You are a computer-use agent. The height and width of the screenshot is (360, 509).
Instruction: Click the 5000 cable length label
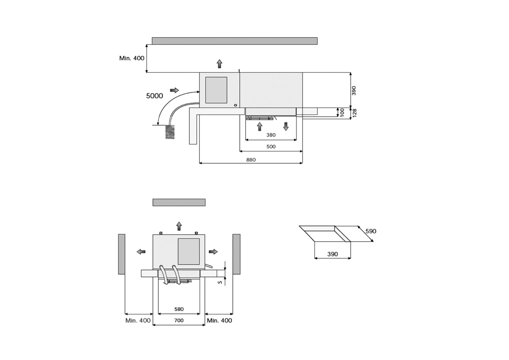coord(155,96)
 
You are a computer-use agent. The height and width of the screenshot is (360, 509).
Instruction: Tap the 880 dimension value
coord(251,160)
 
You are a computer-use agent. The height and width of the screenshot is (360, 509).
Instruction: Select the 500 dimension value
coord(271,147)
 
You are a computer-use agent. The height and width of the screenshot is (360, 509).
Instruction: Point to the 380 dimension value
coord(271,135)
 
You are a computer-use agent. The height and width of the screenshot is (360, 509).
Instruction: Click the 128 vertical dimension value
coord(354,113)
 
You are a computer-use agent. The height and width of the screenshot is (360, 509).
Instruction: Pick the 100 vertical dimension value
coord(342,112)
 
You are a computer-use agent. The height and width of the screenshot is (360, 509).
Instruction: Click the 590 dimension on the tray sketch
coord(371,231)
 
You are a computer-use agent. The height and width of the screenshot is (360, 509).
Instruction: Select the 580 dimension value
coord(179,309)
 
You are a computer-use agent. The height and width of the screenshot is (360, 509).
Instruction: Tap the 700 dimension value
coord(179,320)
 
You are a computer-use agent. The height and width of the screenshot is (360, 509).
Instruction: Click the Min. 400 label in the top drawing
coord(132,58)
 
